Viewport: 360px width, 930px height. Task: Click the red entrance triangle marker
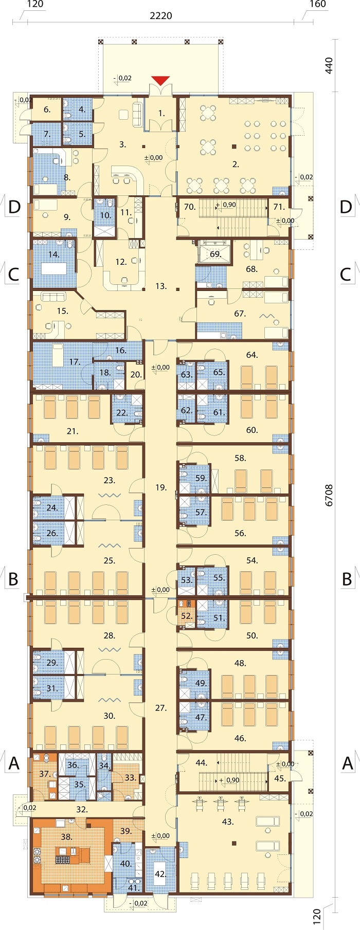(x=160, y=80)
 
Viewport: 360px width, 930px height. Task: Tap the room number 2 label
(x=236, y=165)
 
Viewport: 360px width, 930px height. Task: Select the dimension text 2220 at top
(x=161, y=16)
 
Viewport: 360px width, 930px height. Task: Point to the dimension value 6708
(x=329, y=495)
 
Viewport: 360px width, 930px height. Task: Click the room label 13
(x=161, y=286)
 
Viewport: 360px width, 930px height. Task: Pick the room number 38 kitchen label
(x=66, y=837)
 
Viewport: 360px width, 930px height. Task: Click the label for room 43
(x=228, y=822)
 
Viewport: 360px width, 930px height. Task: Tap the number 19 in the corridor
(x=161, y=487)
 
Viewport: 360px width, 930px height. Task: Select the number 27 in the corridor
(x=161, y=708)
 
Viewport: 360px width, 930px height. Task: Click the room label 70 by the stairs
(x=190, y=207)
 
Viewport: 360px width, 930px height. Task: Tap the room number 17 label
(x=75, y=362)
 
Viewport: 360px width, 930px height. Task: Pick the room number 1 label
(x=161, y=113)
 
